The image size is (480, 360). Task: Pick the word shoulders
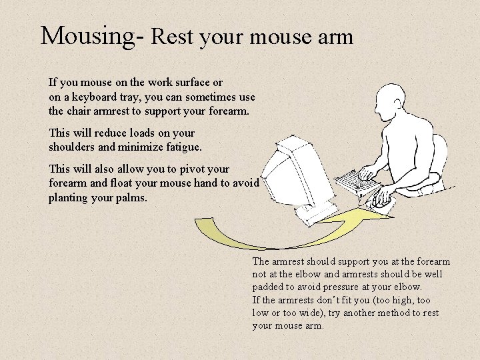tap(73, 145)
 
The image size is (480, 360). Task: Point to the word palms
tap(131, 198)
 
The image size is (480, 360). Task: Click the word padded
tap(268, 287)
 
